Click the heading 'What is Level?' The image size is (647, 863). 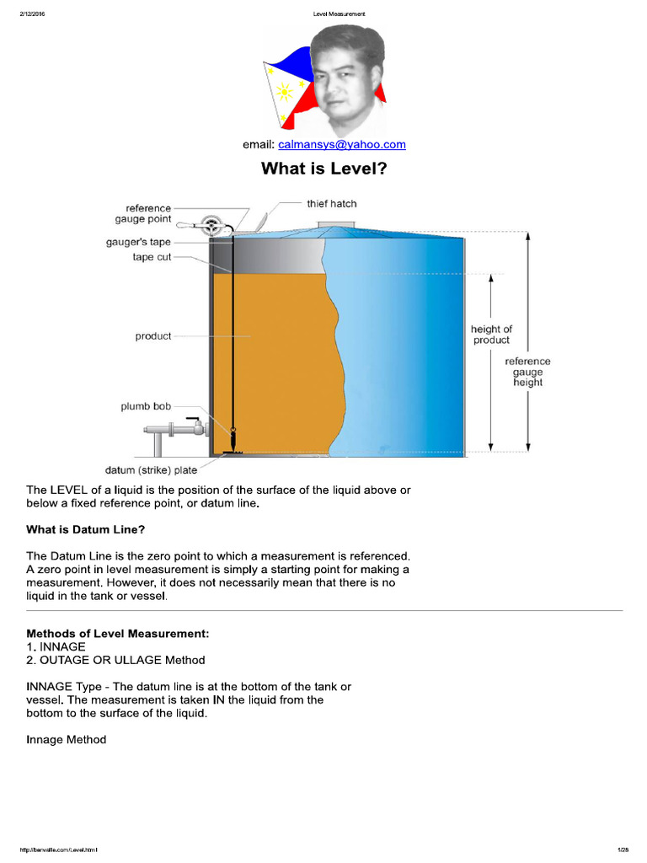(x=323, y=168)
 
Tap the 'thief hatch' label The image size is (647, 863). (x=331, y=203)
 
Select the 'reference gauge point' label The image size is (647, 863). (x=148, y=213)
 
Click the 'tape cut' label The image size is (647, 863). (x=152, y=257)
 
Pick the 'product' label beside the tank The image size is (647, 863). (x=152, y=336)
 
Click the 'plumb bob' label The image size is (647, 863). (x=146, y=406)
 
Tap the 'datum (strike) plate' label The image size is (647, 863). (x=151, y=470)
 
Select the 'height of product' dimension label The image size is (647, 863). (x=491, y=335)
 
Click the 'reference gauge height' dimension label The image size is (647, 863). (x=527, y=372)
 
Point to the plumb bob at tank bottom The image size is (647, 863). (x=232, y=439)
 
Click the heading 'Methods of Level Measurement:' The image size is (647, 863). (x=117, y=633)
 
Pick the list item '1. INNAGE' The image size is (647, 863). (x=56, y=646)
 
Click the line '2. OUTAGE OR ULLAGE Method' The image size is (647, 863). (x=115, y=660)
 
